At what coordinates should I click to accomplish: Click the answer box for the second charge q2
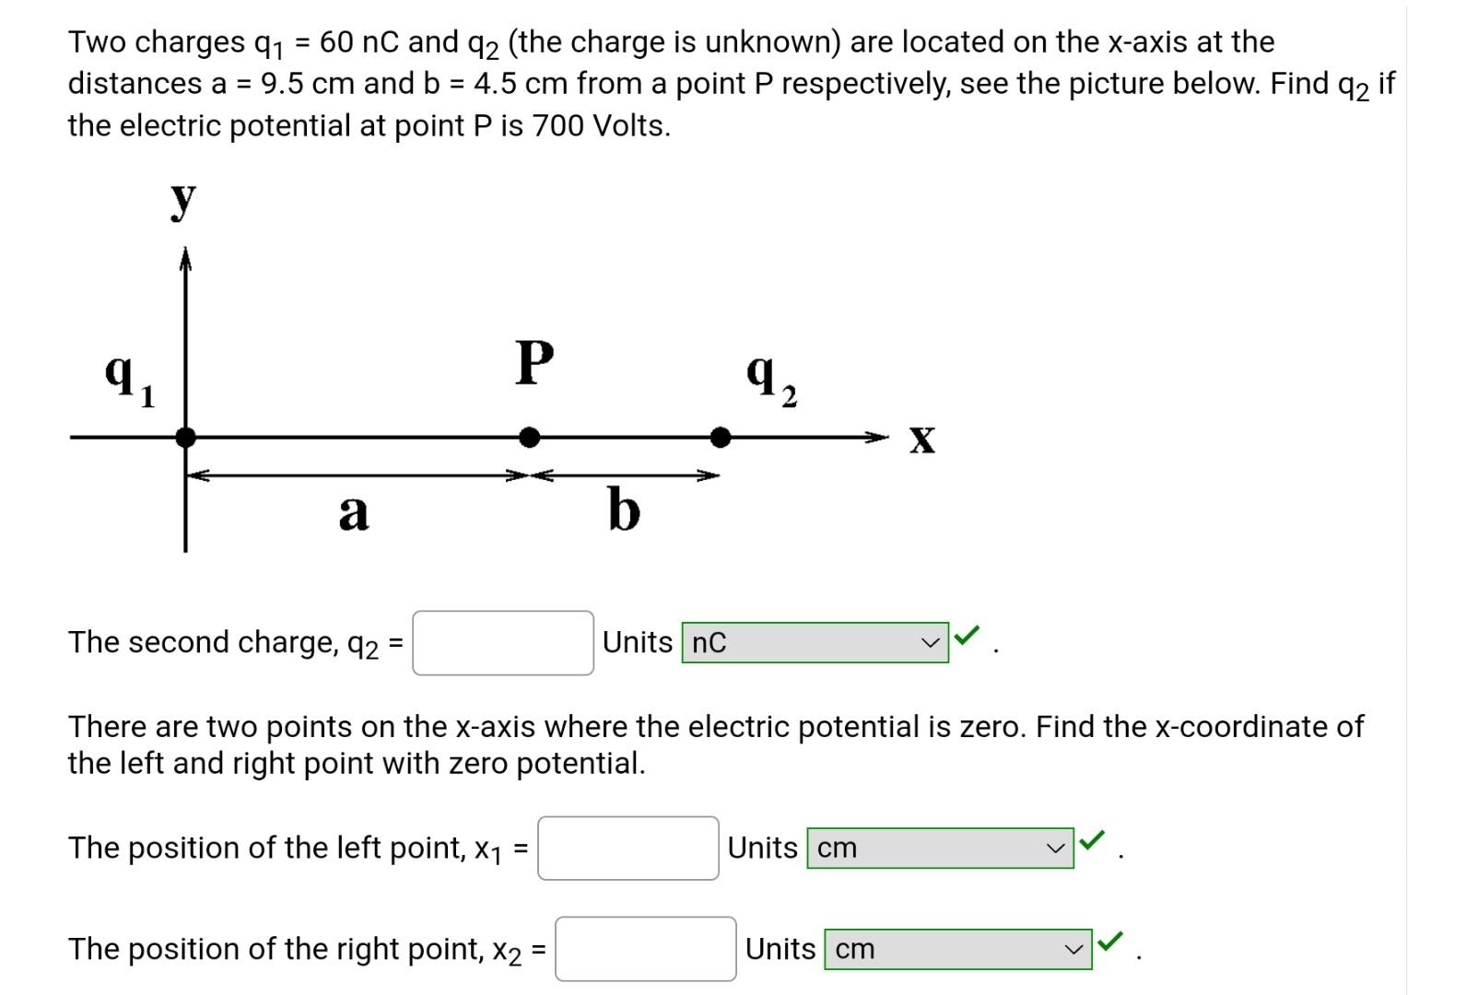(502, 643)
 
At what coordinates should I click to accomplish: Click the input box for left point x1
(627, 848)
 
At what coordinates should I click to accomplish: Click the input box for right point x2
(645, 949)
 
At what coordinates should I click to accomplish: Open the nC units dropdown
(815, 643)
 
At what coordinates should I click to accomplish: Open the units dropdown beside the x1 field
(940, 848)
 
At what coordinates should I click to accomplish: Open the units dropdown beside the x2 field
(957, 949)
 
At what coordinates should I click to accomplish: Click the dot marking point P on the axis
(529, 438)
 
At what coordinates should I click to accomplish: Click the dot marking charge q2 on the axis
(721, 438)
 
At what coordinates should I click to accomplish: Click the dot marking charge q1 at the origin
(185, 438)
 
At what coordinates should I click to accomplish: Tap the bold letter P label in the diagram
(534, 362)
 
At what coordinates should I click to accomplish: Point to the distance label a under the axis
(354, 512)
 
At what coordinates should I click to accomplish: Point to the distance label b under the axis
(624, 509)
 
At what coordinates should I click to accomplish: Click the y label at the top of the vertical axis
(183, 199)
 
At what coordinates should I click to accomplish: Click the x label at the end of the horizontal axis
(921, 439)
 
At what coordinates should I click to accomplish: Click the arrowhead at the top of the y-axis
(185, 259)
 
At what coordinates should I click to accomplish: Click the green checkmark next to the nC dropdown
(967, 635)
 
